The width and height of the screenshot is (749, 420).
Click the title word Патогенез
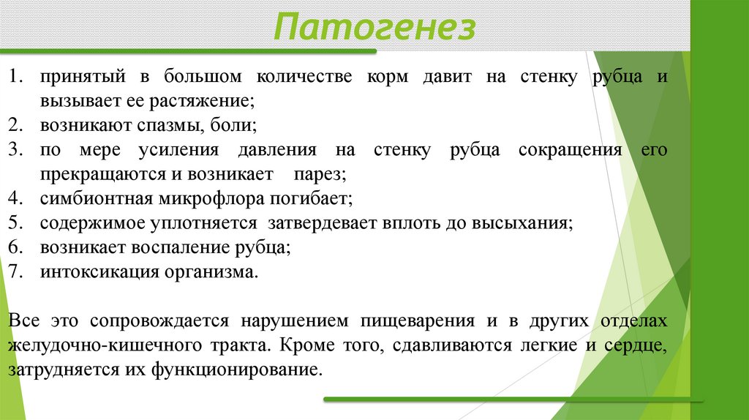coord(375,29)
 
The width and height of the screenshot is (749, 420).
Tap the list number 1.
coord(17,77)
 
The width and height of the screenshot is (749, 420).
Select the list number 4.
coord(17,198)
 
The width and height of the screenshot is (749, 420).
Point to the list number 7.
coord(17,271)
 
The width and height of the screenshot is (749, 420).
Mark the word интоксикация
coord(99,271)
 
